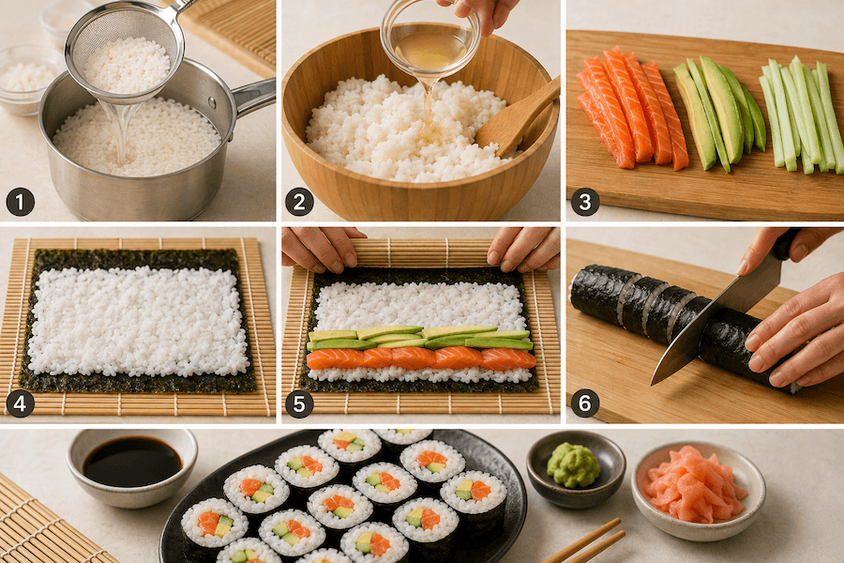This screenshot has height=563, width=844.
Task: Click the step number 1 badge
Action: tap(21, 203)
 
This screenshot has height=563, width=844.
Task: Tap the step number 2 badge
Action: tap(299, 203)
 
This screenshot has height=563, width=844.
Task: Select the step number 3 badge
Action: tap(585, 203)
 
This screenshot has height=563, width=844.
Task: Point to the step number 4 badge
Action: tap(21, 403)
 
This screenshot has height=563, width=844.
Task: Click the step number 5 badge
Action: tap(299, 403)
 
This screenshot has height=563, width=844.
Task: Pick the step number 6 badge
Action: tap(585, 403)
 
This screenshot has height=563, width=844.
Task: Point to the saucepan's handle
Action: tap(253, 97)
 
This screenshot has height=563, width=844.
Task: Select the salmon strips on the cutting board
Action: tap(631, 108)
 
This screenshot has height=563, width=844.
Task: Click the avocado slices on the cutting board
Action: tap(719, 114)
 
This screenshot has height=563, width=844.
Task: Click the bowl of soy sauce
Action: tap(132, 467)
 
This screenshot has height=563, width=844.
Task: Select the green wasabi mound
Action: tap(574, 465)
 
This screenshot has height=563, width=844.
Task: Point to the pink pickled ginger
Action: tap(695, 484)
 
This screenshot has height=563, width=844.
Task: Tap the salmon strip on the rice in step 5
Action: tap(421, 358)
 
